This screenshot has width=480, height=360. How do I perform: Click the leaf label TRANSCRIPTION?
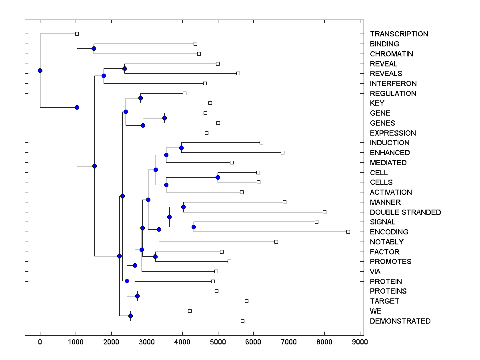coord(399,34)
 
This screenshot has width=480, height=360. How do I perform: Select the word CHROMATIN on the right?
coord(391,54)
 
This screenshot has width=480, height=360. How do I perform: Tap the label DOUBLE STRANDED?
coord(405,212)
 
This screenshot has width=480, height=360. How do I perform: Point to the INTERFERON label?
coord(393,84)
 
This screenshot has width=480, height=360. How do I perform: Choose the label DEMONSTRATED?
coord(400,321)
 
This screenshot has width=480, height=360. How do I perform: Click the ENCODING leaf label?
coord(389,232)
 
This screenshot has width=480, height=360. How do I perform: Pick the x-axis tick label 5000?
coord(218,342)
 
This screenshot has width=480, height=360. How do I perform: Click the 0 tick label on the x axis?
coord(40,342)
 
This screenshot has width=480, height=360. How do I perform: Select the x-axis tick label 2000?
coord(111,342)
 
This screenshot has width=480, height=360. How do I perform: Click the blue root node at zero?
coord(40,70)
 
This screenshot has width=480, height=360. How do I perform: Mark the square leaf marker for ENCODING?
coord(348,232)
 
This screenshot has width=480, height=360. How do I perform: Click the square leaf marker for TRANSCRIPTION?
coord(77,34)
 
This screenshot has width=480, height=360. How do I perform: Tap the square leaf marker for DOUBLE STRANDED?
coord(324,212)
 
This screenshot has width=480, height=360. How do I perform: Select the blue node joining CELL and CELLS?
coord(218,177)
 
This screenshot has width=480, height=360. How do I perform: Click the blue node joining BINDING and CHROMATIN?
coord(94,48)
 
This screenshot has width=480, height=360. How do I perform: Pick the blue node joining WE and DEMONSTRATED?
coord(130,316)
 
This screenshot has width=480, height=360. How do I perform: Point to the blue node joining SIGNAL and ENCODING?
coord(194,227)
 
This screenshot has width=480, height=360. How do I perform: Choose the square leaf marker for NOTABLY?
coord(276,242)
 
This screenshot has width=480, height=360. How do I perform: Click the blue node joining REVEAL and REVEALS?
coord(124,68)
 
